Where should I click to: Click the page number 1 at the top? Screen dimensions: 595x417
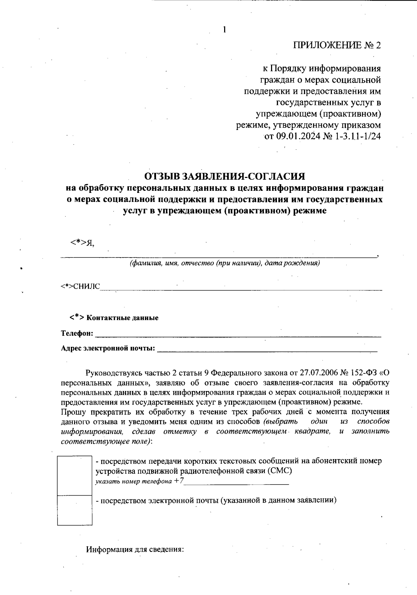coord(224,30)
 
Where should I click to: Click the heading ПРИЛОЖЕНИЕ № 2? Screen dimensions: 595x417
coord(337,46)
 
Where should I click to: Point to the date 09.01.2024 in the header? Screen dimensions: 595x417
coord(299,136)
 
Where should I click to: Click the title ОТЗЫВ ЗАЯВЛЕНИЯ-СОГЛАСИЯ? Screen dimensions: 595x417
coord(224,177)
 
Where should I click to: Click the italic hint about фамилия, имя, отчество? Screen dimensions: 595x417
coord(224,263)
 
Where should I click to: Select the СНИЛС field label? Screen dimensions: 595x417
coord(87,286)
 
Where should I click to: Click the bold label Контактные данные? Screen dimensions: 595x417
coord(122,318)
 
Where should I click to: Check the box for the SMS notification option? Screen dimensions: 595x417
coord(74,475)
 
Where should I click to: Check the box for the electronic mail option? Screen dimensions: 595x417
coord(74,510)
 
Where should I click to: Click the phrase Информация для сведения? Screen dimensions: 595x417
coord(134,550)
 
